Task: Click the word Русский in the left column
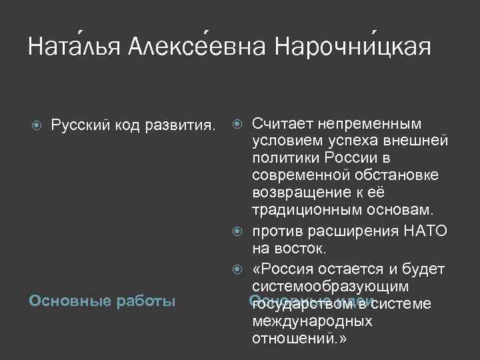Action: pos(77,125)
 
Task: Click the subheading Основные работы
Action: pos(102,301)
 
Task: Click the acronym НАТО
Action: pos(424,231)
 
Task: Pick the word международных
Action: pos(312,321)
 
